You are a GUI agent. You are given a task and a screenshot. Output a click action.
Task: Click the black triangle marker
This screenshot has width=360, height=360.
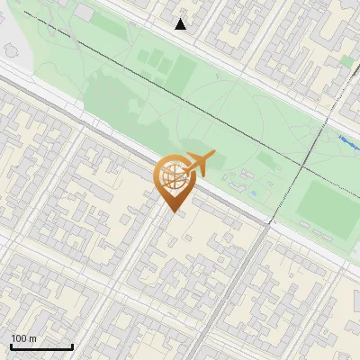pos(181,24)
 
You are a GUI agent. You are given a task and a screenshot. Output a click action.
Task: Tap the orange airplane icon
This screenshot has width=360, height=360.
pos(201,164)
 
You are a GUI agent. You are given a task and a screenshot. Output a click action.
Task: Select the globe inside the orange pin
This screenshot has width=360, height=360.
pos(171,176)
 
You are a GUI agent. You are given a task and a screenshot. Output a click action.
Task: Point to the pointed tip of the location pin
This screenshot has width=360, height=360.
pos(172,211)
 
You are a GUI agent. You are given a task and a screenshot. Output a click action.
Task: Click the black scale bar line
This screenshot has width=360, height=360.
pos(41,346)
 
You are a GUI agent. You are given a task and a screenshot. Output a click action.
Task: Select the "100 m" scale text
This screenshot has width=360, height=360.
pos(24,338)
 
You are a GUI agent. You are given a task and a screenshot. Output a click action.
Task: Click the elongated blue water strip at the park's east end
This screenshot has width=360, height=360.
pos(347,140)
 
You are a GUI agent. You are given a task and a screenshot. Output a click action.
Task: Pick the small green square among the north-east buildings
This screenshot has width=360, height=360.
pos(347,61)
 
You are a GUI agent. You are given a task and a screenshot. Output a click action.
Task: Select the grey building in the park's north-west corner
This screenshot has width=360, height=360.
pos(84,13)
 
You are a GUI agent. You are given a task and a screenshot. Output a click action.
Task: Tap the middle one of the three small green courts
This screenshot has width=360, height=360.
pos(153,60)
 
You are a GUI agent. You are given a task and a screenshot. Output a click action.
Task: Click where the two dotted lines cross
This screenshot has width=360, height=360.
pos(303,168)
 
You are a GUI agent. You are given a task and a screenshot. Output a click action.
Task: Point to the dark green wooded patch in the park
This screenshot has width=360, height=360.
pos(117,99)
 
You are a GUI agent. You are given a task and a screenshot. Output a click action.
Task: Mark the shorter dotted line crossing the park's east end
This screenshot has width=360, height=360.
pos(315,135)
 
